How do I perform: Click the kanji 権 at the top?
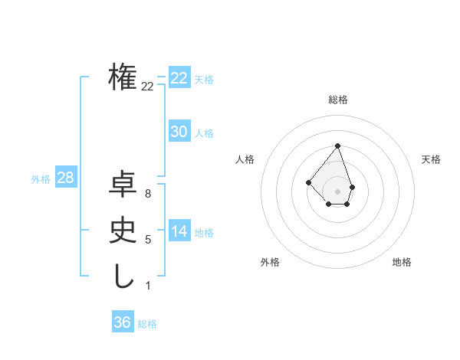point(123,77)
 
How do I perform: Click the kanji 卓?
point(123,185)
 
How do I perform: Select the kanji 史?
point(123,231)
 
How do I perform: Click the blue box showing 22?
point(179,78)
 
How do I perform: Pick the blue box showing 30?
point(179,132)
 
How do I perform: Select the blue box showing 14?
point(179,231)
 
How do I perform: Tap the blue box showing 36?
point(123,322)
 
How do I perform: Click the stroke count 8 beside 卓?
point(147,194)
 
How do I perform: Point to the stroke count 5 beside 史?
point(147,240)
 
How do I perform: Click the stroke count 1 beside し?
point(147,286)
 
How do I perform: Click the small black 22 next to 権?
point(147,87)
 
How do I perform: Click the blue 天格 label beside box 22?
point(204,80)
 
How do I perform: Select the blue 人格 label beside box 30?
point(204,133)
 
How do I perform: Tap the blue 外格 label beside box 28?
point(41,179)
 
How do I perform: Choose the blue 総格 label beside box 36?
point(147,324)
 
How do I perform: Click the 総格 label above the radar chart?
point(338,100)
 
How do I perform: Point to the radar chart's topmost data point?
point(337,146)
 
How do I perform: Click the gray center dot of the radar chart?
point(337,191)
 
